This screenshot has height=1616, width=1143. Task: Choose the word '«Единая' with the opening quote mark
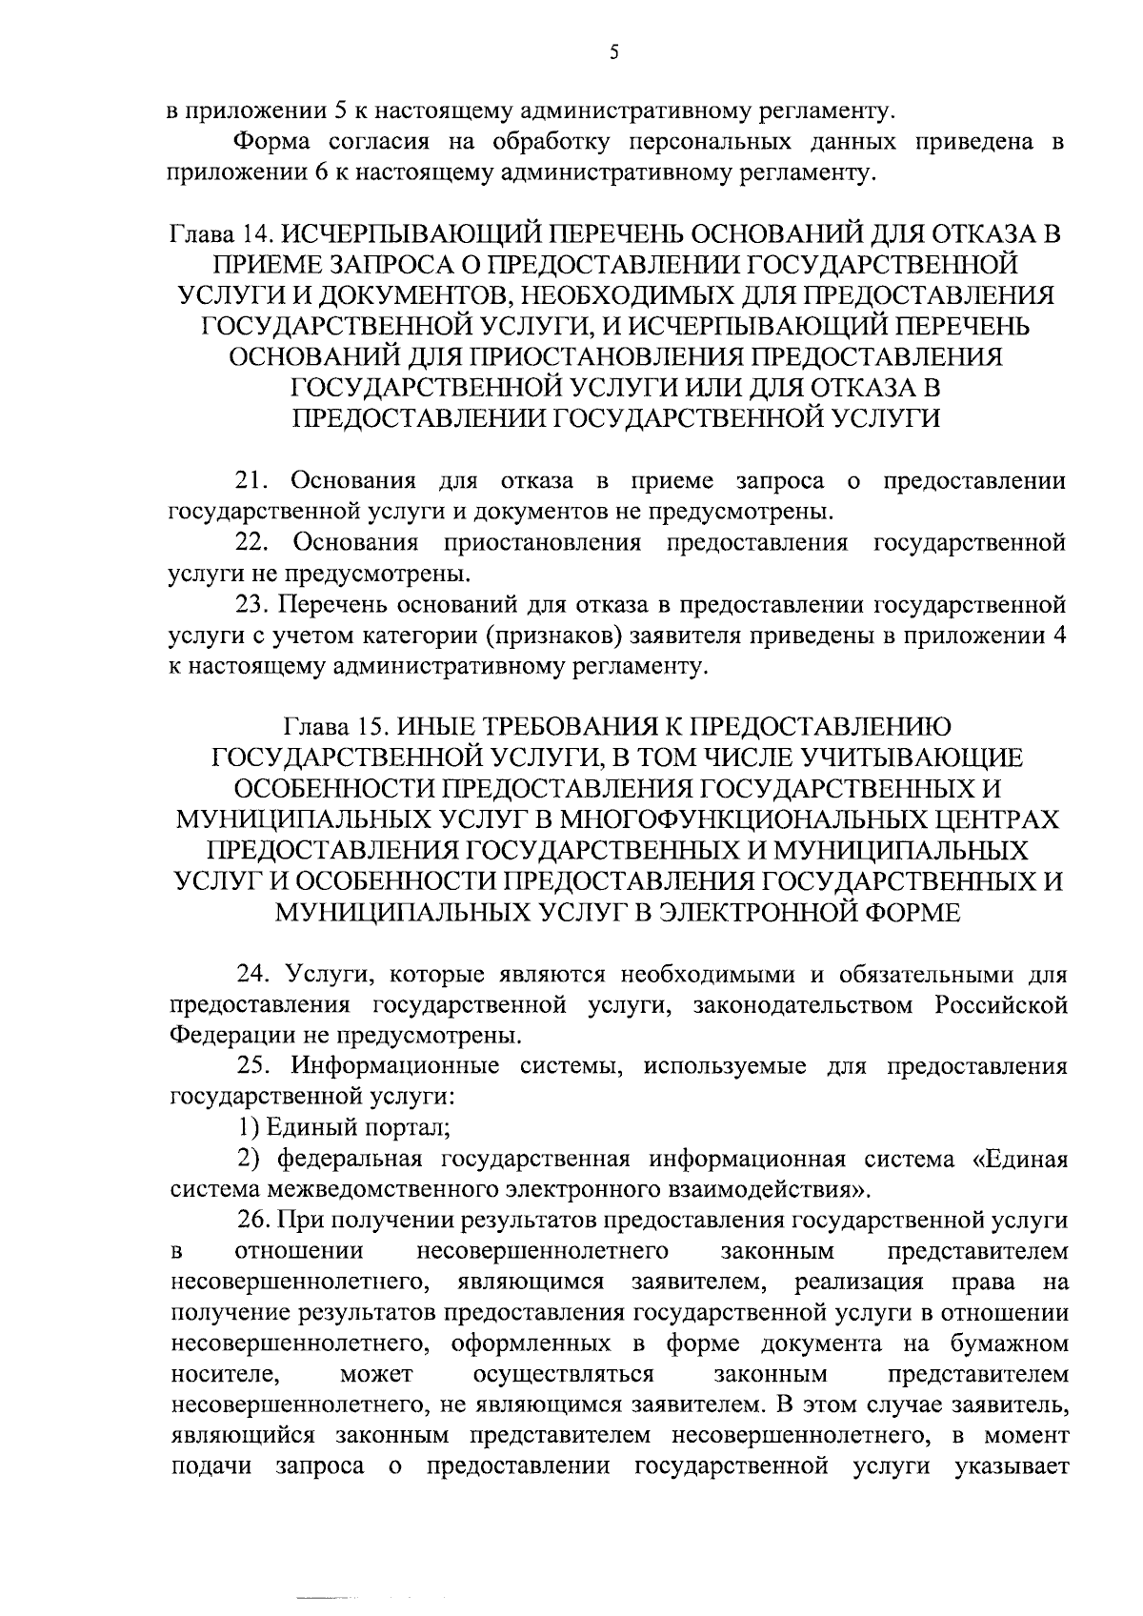(x=1019, y=1160)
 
